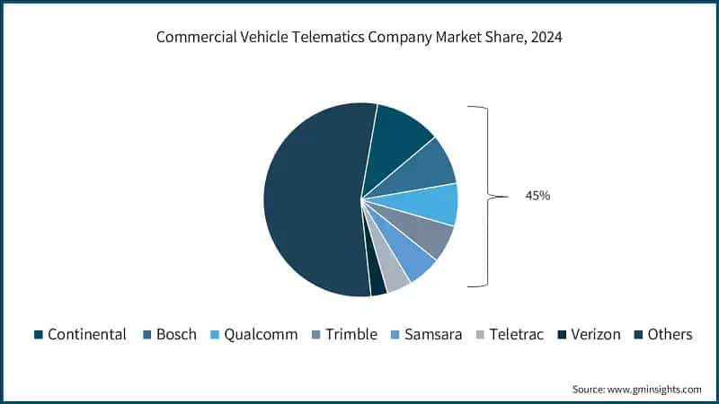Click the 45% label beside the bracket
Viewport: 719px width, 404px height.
click(x=537, y=195)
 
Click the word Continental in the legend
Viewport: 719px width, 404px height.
click(x=86, y=334)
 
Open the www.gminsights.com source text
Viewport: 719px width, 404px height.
click(x=655, y=390)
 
